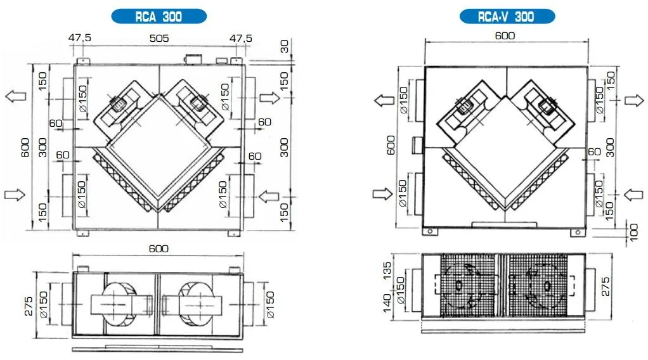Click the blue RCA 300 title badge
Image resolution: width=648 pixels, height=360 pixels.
159,16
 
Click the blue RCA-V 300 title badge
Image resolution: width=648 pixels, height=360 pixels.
507,16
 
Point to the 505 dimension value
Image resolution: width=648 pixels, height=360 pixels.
159,39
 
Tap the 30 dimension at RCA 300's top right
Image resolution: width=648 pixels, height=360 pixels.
284,47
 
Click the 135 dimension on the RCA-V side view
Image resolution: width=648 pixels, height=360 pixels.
387,270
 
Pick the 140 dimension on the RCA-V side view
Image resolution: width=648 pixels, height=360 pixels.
387,304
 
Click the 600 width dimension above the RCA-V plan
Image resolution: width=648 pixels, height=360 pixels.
505,36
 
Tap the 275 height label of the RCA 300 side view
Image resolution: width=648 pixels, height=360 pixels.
28,306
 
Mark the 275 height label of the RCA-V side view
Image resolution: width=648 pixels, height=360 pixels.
606,286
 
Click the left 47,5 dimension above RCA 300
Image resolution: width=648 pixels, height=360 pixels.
79,38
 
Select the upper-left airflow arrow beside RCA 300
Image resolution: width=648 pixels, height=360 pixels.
16,96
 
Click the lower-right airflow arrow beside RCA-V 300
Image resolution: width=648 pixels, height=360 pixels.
633,194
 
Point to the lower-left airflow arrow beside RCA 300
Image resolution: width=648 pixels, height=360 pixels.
15,194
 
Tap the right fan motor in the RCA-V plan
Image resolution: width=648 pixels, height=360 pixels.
547,105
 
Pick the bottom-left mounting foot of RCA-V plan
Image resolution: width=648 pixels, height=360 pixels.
431,231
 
